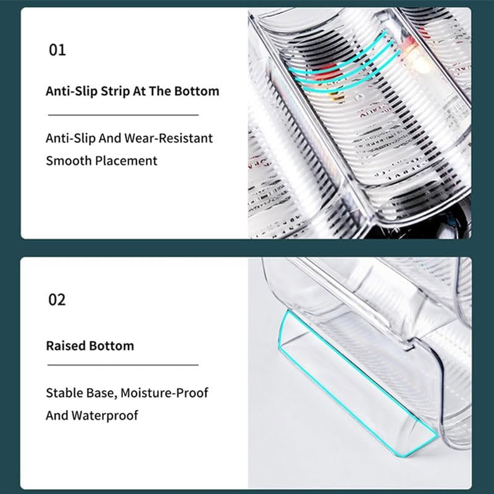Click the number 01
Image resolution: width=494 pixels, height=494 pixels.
[x=57, y=50]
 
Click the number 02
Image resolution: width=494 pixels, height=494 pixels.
[x=57, y=299]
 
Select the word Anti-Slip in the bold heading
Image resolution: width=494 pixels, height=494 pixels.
[x=72, y=91]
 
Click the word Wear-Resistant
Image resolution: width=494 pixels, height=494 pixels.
[x=169, y=138]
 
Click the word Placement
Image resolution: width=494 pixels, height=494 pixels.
[x=126, y=161]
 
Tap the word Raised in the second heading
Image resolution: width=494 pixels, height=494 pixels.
[x=66, y=346]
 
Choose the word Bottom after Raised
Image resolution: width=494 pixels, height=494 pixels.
[x=112, y=346]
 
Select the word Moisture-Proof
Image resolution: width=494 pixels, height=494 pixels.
[x=164, y=393]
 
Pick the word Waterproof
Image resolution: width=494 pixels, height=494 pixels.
[x=104, y=416]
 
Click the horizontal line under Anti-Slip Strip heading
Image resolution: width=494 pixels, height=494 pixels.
[x=123, y=115]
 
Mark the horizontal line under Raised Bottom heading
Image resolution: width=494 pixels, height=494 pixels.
[x=123, y=365]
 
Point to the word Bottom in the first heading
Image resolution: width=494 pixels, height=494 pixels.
[x=196, y=91]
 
